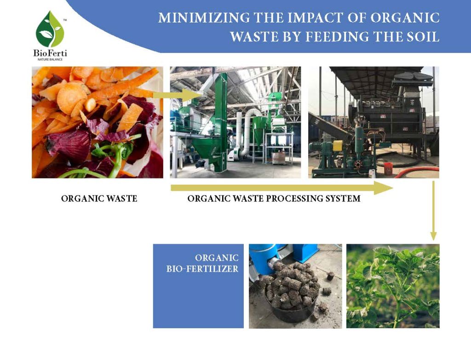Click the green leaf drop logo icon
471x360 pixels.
(50, 29)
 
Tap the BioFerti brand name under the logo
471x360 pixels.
(50, 52)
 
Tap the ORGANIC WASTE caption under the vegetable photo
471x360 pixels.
(99, 199)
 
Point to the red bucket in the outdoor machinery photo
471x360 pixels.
(388, 168)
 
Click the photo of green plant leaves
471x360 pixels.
(393, 286)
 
